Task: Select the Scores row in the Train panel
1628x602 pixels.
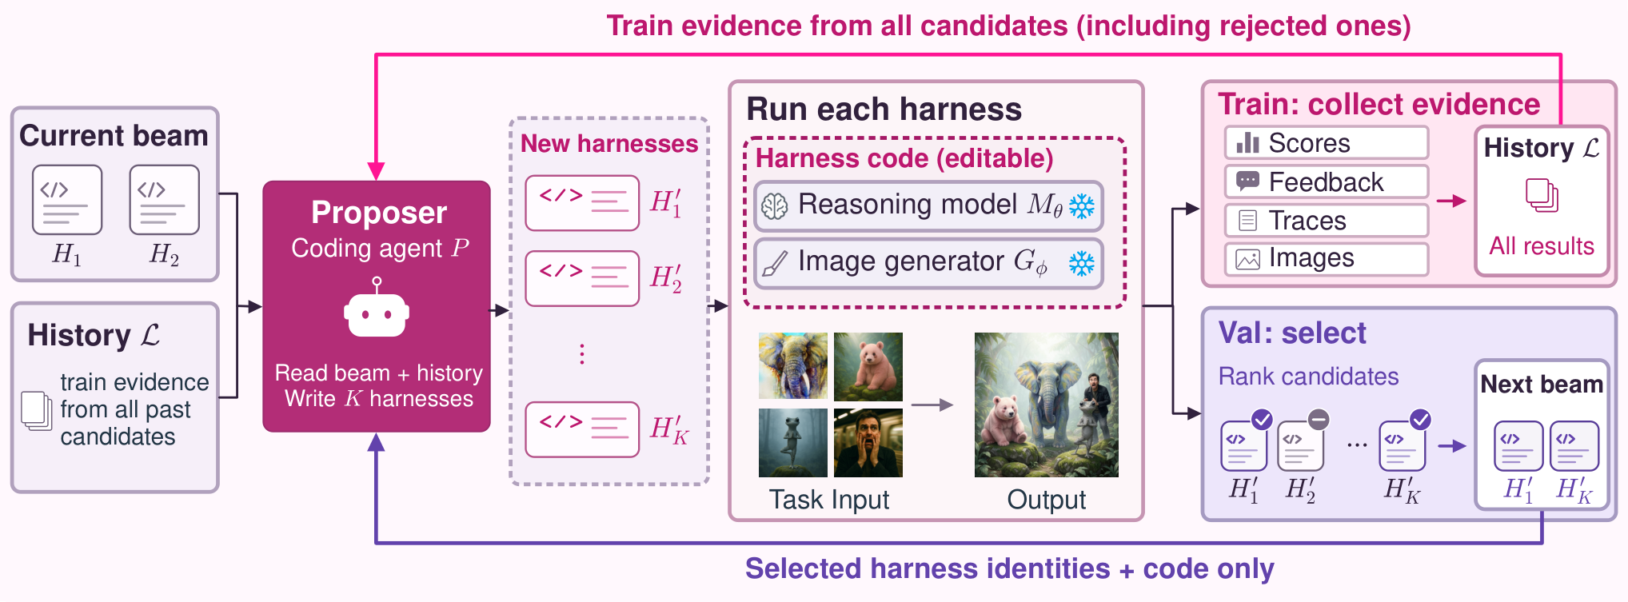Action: click(1327, 143)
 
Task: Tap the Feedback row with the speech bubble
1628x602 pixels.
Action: click(1327, 181)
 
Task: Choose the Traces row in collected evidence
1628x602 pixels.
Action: click(1327, 220)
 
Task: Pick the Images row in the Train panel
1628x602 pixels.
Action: click(1327, 258)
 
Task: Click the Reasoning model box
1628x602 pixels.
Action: click(928, 205)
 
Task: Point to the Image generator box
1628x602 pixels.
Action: click(928, 263)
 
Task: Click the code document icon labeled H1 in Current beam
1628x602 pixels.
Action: click(67, 200)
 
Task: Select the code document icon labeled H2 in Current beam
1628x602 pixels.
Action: click(164, 200)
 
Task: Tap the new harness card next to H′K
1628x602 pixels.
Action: click(582, 429)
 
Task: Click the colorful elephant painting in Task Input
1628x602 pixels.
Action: click(793, 366)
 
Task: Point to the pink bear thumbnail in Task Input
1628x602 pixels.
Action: click(868, 366)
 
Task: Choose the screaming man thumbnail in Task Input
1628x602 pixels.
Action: click(868, 443)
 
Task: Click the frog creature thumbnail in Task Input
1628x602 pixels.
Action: click(793, 443)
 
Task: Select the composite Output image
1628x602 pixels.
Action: click(1047, 405)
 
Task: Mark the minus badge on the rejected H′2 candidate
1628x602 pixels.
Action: click(1319, 419)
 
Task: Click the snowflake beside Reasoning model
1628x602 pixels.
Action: click(1082, 206)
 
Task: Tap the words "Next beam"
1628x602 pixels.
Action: click(1542, 385)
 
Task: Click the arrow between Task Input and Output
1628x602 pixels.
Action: click(932, 405)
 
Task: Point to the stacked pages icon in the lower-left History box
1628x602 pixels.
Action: click(36, 410)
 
